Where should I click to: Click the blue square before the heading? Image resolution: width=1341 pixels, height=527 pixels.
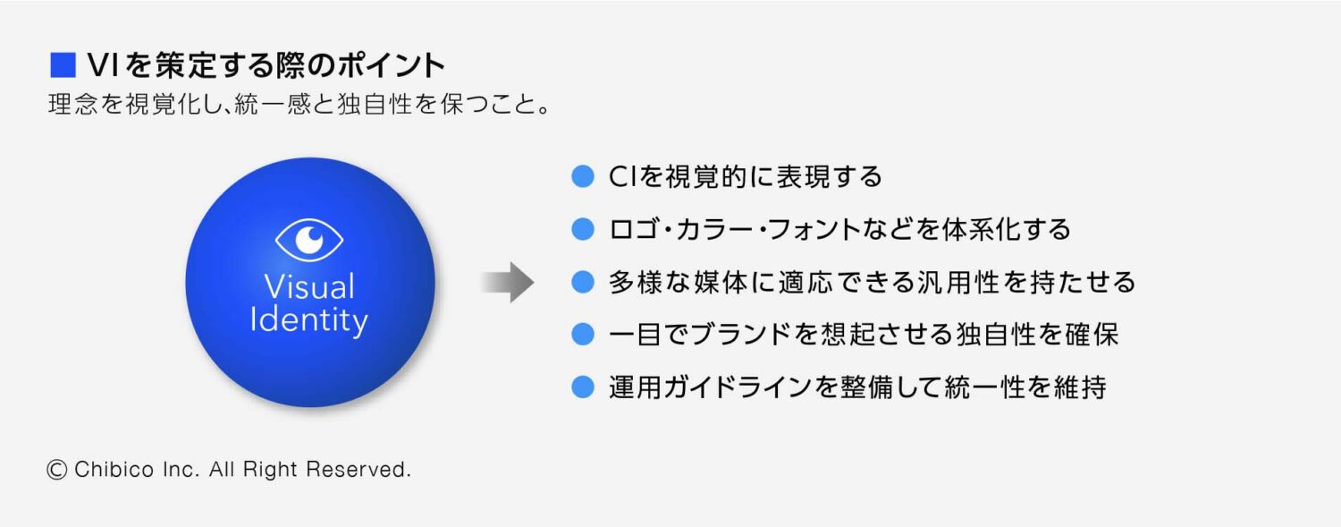[63, 65]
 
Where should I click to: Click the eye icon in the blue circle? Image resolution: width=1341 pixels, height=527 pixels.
[309, 238]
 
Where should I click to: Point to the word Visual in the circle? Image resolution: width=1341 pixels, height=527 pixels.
[309, 287]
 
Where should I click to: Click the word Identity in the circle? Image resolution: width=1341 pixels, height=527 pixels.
[309, 320]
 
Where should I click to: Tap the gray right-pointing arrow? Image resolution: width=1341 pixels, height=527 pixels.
[507, 283]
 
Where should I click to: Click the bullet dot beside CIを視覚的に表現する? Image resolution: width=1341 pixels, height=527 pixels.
[583, 176]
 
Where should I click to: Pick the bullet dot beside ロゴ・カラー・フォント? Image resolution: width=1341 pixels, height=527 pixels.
[583, 229]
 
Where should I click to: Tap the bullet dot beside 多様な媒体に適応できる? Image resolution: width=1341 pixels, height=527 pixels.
[583, 283]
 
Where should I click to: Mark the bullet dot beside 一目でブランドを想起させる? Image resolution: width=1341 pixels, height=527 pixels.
[583, 335]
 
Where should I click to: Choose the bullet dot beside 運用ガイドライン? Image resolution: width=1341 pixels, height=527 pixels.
[583, 387]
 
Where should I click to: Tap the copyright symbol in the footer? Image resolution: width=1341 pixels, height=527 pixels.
[57, 470]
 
